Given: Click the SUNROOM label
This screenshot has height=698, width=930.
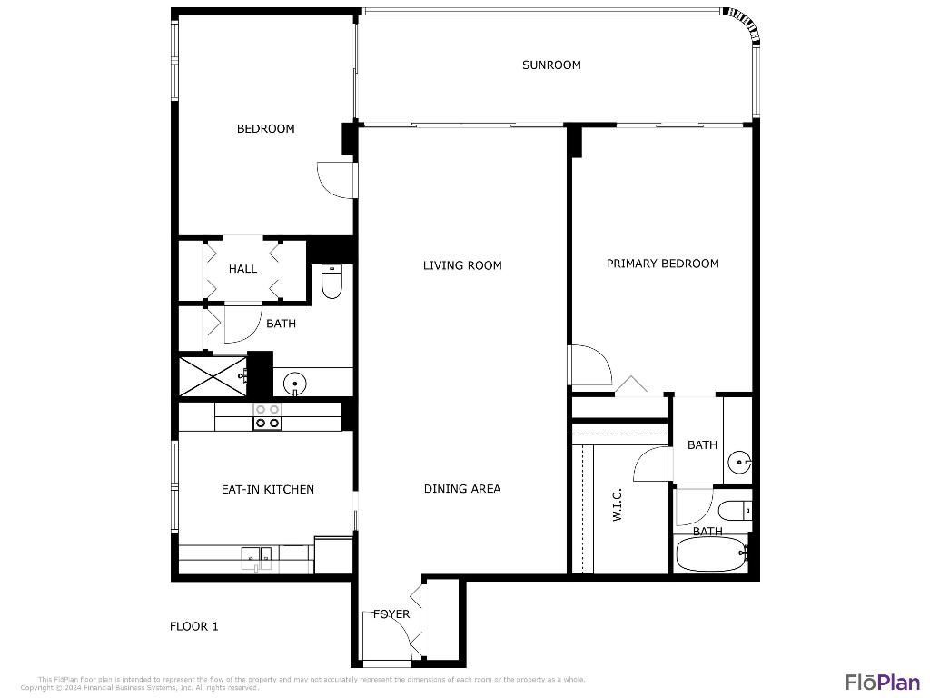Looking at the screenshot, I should (551, 65).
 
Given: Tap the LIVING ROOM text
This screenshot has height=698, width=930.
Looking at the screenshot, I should (462, 265).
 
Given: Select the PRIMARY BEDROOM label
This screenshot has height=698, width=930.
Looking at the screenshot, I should (662, 264).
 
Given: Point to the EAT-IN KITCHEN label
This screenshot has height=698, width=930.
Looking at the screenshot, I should (267, 489).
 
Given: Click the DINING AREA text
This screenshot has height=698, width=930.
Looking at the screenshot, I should (462, 489).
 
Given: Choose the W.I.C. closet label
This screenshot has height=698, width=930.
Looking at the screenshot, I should (617, 504).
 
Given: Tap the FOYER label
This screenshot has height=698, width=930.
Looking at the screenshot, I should (391, 614).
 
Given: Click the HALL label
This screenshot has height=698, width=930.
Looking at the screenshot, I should (242, 269).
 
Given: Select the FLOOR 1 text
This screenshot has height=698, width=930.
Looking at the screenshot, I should (194, 626).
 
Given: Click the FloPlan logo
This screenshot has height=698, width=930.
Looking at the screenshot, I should (882, 682).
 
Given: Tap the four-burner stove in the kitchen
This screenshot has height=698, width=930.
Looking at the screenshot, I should (267, 416).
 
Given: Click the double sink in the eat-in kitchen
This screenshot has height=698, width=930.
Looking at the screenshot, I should (258, 556).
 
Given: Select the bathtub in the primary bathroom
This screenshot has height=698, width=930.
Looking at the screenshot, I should (711, 554).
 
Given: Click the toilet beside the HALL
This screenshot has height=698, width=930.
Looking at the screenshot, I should (331, 283).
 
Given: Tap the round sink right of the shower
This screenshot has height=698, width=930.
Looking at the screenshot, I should (293, 384).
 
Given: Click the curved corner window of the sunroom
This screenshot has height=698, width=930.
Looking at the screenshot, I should (745, 25).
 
